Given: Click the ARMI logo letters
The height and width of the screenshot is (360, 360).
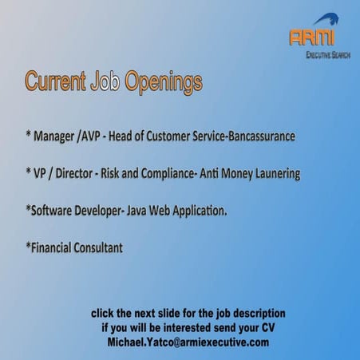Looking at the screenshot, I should point(313,37).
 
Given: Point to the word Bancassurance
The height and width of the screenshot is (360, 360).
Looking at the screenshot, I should point(250,137).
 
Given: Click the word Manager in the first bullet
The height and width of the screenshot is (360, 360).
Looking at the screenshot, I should point(56,137).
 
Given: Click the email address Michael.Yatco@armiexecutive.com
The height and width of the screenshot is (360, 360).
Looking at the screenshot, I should point(188,342).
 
